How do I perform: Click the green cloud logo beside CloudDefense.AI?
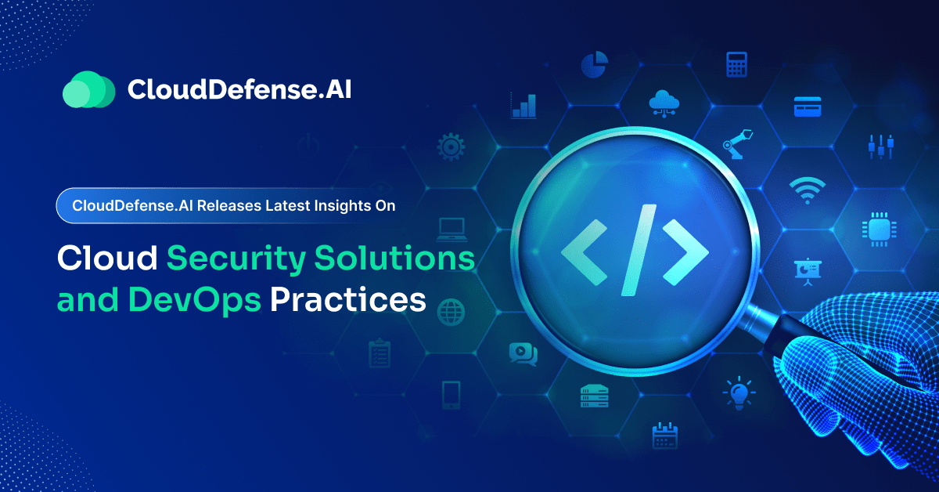[88, 89]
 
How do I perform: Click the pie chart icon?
[594, 65]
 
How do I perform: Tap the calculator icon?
[736, 64]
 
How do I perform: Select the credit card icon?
[807, 106]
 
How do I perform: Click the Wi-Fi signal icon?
[806, 188]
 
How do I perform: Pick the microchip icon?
[877, 228]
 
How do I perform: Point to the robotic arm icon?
[736, 146]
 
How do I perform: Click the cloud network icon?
[665, 105]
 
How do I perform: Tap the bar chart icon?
[523, 106]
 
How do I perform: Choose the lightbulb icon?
[736, 393]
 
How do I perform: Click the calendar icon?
[664, 435]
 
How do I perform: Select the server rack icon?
[594, 396]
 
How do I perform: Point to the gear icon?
[452, 147]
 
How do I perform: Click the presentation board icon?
[807, 269]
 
